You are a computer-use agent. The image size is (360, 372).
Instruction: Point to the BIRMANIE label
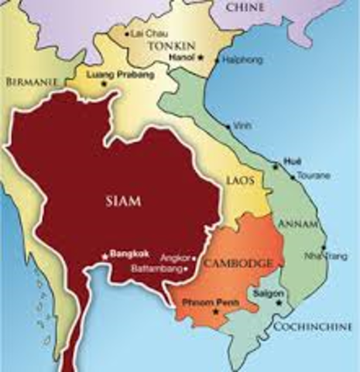pos(29,81)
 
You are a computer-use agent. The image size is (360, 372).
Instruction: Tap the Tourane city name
pos(311,176)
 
